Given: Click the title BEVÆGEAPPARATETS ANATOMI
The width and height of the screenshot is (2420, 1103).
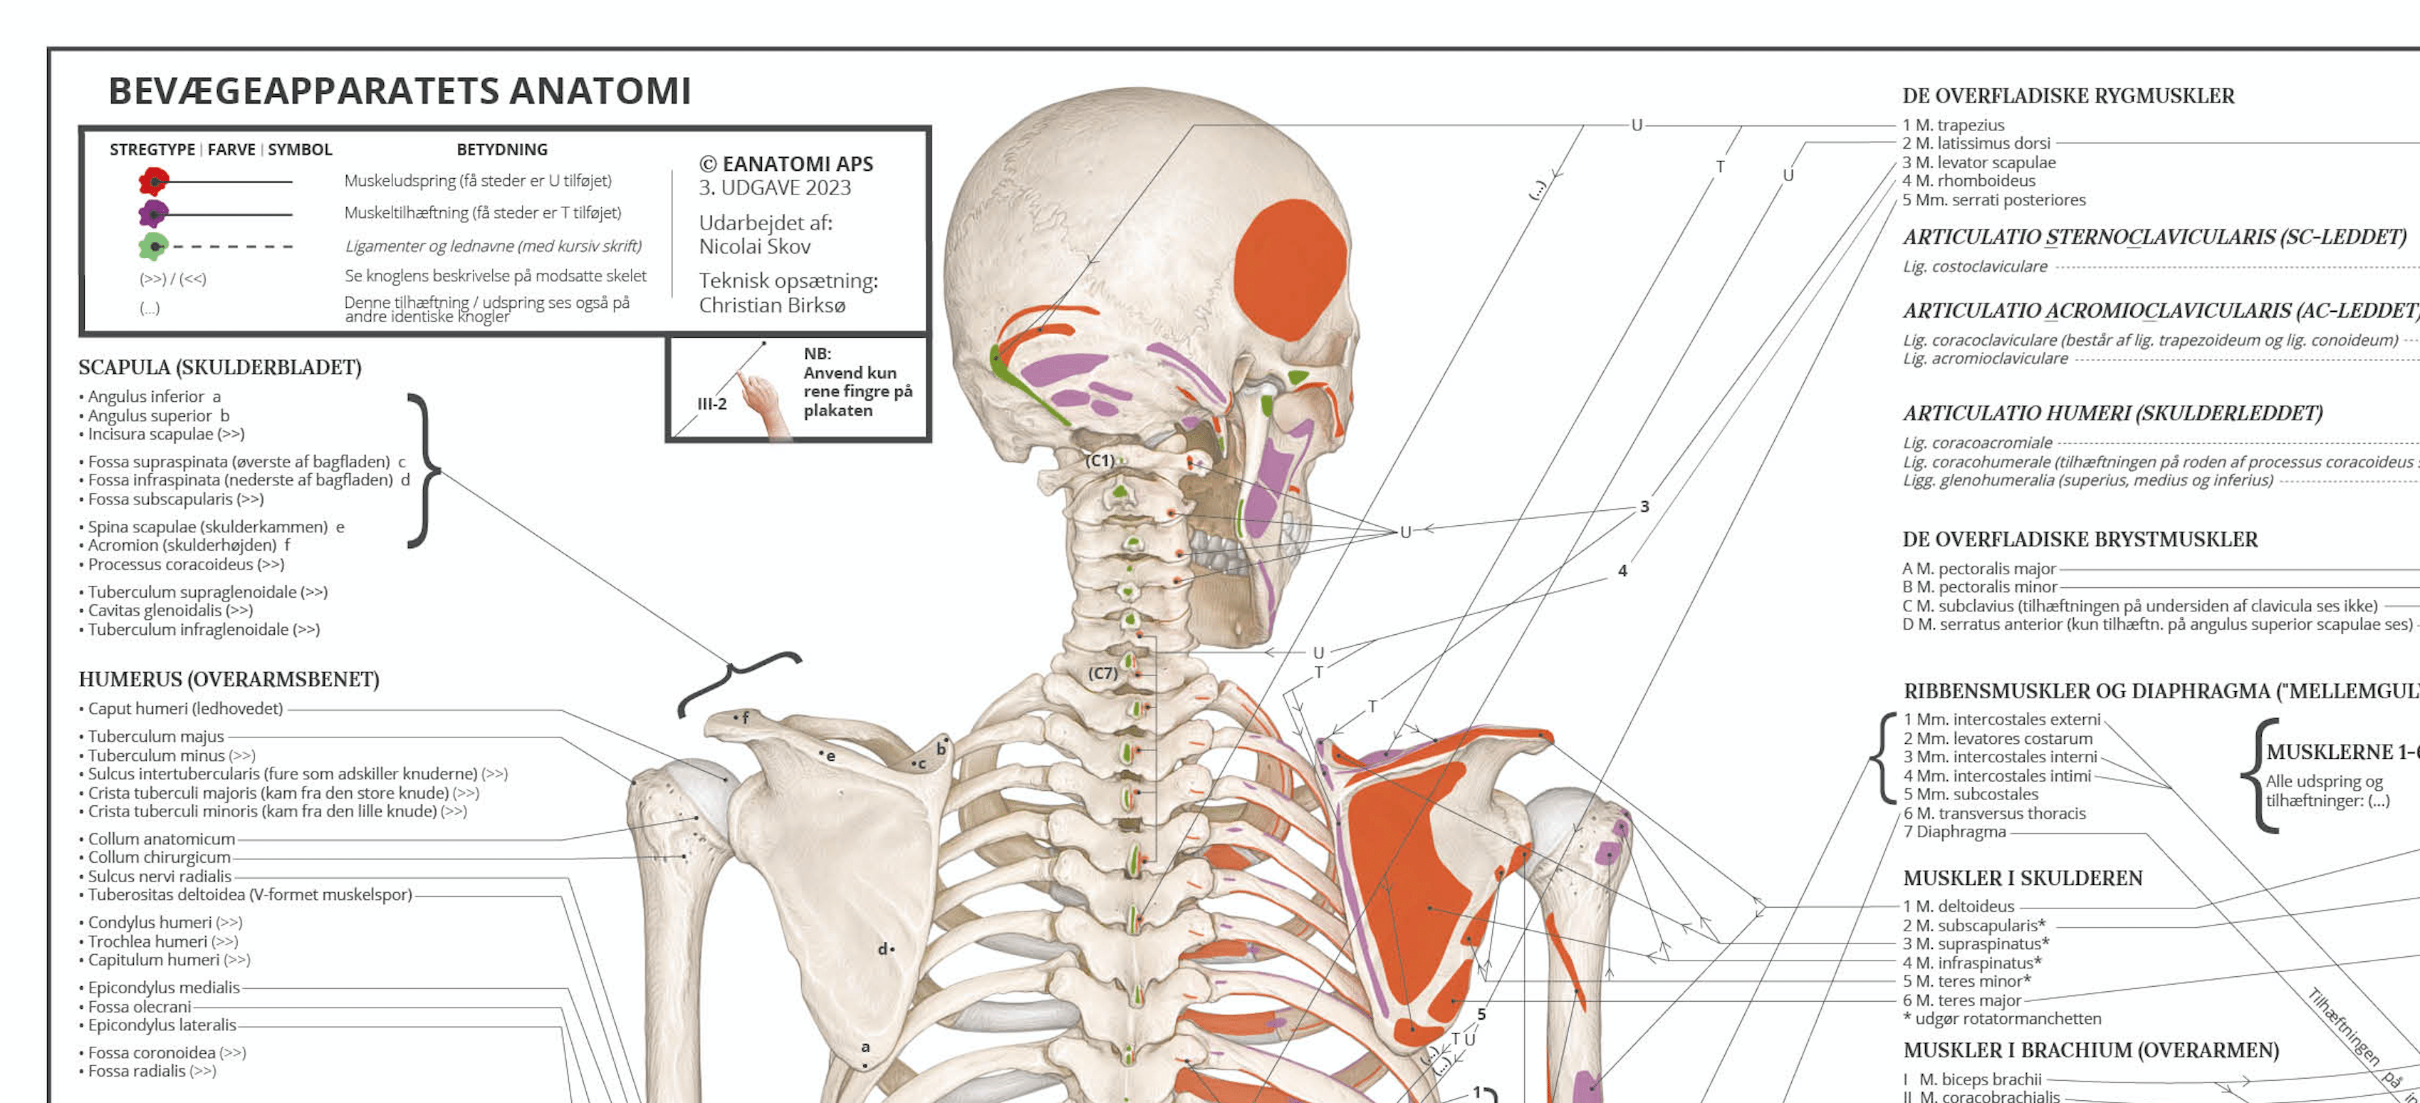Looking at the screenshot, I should click(400, 92).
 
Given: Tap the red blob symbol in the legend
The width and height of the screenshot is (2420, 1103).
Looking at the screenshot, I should click(153, 180).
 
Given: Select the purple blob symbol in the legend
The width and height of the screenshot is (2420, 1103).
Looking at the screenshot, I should click(153, 213).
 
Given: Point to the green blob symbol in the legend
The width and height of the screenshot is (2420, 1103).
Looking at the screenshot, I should click(153, 246).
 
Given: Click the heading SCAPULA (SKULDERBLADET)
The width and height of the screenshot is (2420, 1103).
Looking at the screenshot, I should click(220, 368).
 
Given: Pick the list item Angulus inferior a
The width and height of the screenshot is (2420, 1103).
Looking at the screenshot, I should click(154, 396).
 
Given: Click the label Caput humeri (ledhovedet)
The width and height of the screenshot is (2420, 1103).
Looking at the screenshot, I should click(185, 708).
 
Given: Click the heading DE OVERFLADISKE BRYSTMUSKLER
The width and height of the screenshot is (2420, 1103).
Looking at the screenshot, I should click(2080, 539).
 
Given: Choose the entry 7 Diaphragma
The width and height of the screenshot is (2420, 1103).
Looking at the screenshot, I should click(1954, 832).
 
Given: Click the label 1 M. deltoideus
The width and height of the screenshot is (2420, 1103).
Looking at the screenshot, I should click(1959, 906).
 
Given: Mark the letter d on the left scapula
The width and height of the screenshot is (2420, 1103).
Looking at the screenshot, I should click(883, 949).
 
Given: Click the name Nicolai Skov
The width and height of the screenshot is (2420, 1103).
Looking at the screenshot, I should click(754, 246).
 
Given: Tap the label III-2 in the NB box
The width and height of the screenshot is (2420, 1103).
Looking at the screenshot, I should click(712, 404).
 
